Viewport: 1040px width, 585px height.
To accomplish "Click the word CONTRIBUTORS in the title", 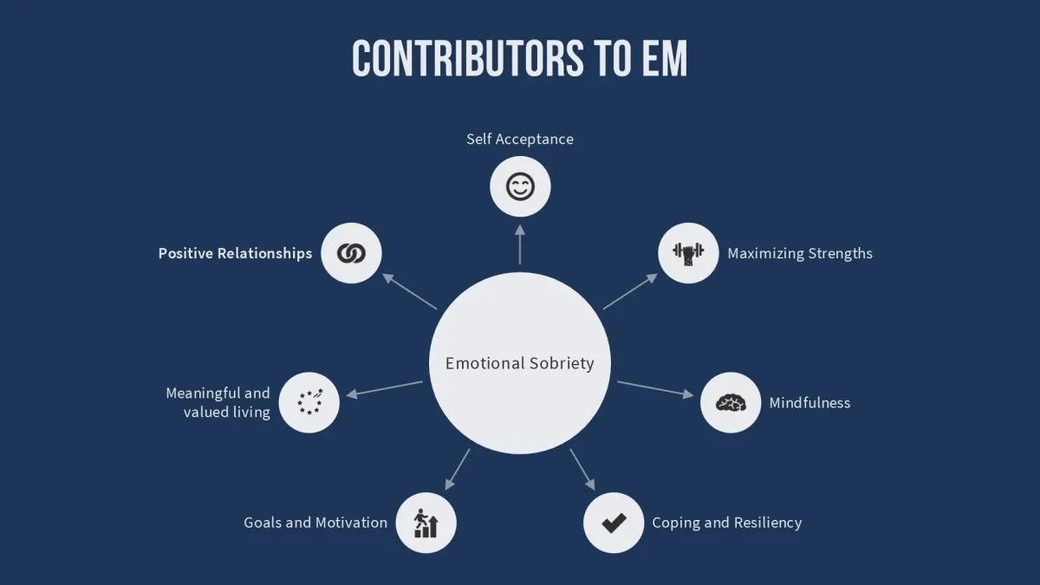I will click(455, 59).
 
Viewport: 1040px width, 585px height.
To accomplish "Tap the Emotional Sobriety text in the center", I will click(520, 363).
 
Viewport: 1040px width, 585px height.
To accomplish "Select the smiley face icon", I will click(520, 186).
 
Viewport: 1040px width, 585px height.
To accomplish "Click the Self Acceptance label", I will click(520, 139).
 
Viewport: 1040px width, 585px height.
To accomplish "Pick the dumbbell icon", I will click(688, 253).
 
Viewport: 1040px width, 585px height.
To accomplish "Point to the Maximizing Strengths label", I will click(800, 253).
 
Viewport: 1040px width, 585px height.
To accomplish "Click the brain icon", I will click(731, 403).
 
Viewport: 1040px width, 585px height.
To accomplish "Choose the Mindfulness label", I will click(809, 403).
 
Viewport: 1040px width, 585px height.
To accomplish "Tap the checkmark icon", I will click(614, 523).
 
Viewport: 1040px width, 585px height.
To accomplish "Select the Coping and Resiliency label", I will click(726, 523).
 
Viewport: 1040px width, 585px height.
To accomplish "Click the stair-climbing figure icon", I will click(426, 523).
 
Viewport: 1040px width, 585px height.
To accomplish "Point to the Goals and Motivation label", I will click(315, 523).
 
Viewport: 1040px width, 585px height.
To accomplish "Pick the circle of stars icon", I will click(309, 402).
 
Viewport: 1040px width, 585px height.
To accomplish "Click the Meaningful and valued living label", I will click(218, 402).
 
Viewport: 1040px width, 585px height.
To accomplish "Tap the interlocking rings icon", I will click(351, 253).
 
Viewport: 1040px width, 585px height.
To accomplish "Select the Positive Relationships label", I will click(235, 253).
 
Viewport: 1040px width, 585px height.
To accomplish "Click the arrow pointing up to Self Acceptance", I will click(520, 244).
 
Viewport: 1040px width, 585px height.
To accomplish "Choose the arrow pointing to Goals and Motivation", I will click(457, 469).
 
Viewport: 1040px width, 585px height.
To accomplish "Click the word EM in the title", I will click(663, 59).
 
